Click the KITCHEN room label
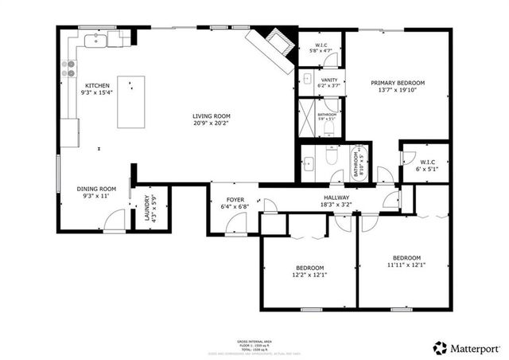click(97, 84)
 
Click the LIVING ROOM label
click(211, 116)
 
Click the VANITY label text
click(328, 80)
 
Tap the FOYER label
click(235, 199)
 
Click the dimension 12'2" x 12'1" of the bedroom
click(309, 275)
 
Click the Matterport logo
click(466, 347)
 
